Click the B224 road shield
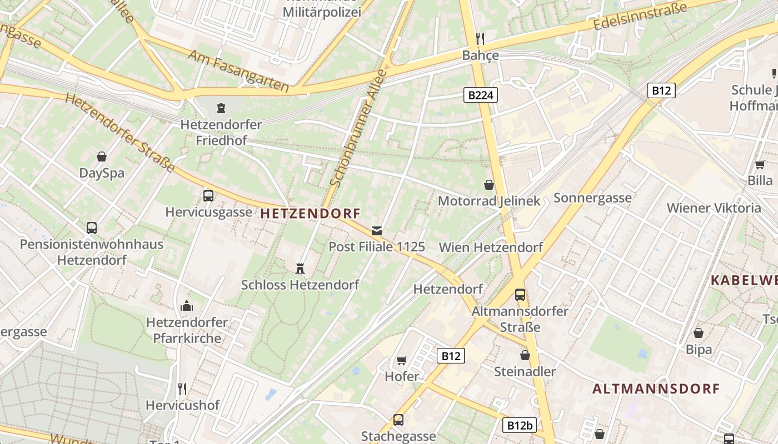pyautogui.click(x=480, y=95)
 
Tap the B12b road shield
pyautogui.click(x=520, y=426)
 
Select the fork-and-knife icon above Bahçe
pyautogui.click(x=480, y=38)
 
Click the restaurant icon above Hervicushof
pyautogui.click(x=182, y=389)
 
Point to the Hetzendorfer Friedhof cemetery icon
pyautogui.click(x=221, y=108)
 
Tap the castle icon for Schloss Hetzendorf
pyautogui.click(x=300, y=269)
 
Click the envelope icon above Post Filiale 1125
pyautogui.click(x=377, y=230)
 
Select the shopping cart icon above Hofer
pyautogui.click(x=402, y=360)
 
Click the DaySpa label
pyautogui.click(x=102, y=173)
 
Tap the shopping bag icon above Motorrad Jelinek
pyautogui.click(x=489, y=184)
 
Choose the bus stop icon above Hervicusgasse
pyautogui.click(x=208, y=195)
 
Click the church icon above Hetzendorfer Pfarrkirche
pyautogui.click(x=187, y=306)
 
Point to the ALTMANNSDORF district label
pyautogui.click(x=656, y=389)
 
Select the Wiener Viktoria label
pyautogui.click(x=714, y=208)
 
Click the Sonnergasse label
pyautogui.click(x=592, y=198)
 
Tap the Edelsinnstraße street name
pyautogui.click(x=640, y=17)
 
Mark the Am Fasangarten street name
pyautogui.click(x=238, y=70)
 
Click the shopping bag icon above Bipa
pyautogui.click(x=699, y=333)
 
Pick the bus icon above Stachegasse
pyautogui.click(x=398, y=420)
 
